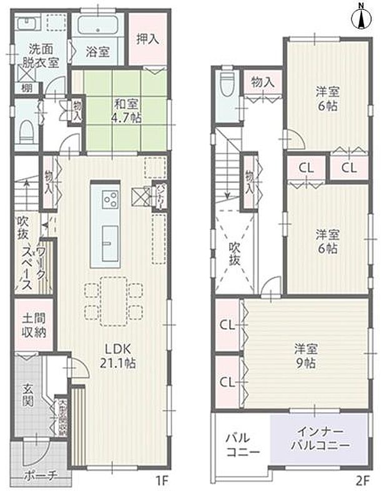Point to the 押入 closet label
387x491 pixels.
(x=148, y=38)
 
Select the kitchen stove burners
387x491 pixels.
(x=110, y=199)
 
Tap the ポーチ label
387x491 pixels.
(x=42, y=475)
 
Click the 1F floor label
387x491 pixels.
(x=163, y=482)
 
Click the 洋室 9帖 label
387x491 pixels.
(x=306, y=355)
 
